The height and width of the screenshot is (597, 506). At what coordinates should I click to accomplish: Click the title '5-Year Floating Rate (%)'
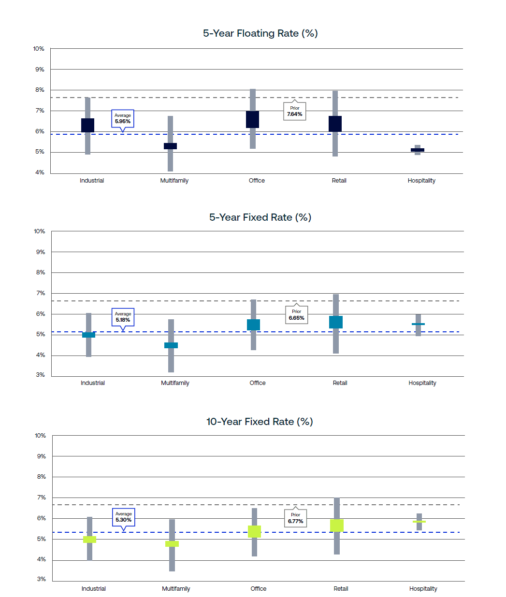point(260,33)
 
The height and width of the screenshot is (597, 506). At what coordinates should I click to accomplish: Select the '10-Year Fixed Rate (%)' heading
point(260,422)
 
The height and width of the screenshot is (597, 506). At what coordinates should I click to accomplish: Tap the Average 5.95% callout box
point(123,118)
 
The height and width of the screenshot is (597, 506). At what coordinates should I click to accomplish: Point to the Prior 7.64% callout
point(295,111)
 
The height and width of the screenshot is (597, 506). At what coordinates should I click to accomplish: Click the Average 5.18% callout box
point(123,317)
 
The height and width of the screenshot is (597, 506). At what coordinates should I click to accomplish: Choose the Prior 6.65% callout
point(296,315)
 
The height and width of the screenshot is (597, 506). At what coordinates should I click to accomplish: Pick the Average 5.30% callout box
point(124,517)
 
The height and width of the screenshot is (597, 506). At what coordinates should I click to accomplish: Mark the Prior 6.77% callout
point(296,518)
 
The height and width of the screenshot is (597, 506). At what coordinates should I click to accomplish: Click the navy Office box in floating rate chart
point(252,119)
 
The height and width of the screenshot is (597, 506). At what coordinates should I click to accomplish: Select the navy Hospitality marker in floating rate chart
point(418,150)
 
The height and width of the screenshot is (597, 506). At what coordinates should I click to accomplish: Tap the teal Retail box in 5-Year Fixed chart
point(336,322)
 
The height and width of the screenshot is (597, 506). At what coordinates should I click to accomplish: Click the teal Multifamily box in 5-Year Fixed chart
point(171,345)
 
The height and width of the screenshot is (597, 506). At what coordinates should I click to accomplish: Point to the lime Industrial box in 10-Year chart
point(89,540)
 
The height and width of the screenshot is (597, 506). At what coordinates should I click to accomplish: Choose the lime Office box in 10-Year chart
point(254,531)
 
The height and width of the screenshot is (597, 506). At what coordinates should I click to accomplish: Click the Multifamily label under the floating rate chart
point(174,181)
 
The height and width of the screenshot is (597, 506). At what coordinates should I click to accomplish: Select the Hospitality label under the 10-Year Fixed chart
point(423,589)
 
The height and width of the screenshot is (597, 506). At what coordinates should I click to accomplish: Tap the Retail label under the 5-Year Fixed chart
point(340,383)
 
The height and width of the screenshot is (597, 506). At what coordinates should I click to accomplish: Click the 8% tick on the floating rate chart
point(40,90)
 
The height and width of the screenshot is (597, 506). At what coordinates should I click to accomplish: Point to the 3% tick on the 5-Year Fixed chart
point(41,375)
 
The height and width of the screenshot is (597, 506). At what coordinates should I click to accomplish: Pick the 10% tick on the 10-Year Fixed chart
point(40,436)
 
